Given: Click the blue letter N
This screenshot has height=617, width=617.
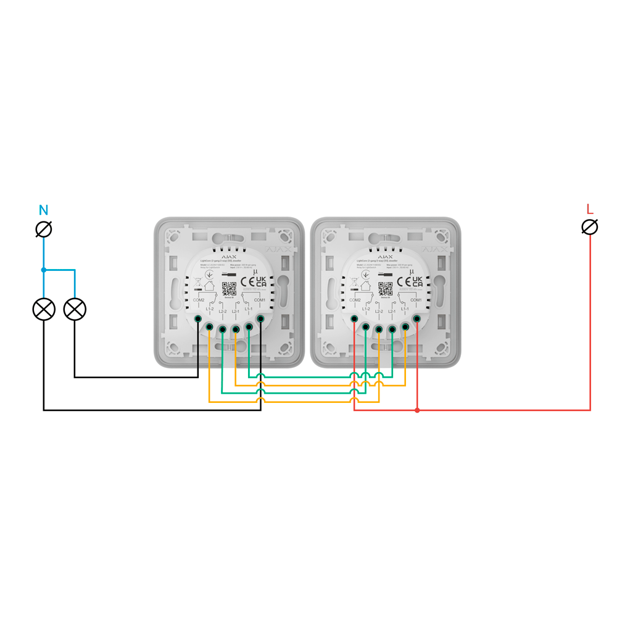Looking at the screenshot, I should click(44, 209).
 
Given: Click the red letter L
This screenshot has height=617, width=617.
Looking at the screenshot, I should click(589, 209).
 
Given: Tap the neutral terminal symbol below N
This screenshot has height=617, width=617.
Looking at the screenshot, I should click(44, 230).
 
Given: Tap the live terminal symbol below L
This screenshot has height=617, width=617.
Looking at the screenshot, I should click(590, 227).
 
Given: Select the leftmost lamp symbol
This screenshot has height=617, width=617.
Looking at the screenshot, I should click(44, 309).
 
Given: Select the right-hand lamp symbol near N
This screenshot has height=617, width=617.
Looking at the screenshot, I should click(75, 309).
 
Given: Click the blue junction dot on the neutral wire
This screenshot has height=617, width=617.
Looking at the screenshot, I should click(43, 270).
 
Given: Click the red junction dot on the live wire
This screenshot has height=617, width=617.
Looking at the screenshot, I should click(417, 410).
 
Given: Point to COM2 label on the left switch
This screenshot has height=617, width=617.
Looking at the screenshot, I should click(198, 300).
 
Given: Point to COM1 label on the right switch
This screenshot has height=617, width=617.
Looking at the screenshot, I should click(416, 300).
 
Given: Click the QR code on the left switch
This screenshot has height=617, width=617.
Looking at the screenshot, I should click(229, 288).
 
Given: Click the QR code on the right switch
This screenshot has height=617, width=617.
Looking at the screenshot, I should click(385, 288).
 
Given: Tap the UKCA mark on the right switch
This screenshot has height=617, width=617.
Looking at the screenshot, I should click(418, 281).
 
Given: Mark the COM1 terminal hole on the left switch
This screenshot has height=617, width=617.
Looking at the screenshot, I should click(260, 318).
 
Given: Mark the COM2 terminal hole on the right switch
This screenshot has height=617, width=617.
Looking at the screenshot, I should click(354, 318).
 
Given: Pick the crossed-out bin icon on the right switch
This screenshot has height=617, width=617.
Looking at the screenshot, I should click(354, 281).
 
